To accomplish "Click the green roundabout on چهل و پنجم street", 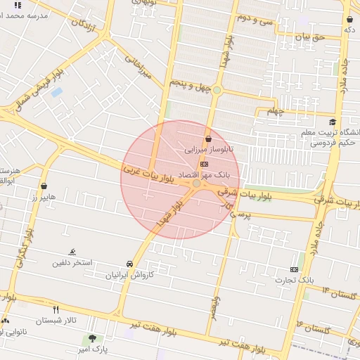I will (x=217, y=90).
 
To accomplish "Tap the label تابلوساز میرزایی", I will (x=209, y=150).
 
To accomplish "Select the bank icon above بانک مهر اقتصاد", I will (x=205, y=163).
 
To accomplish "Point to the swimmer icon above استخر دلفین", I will (x=72, y=252).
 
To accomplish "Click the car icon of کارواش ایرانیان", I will (x=129, y=264).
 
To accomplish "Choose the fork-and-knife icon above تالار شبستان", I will (x=56, y=309).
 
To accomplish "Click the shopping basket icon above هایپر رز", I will (x=46, y=186).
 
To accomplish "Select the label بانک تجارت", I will (x=295, y=280).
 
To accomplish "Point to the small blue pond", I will (x=57, y=92).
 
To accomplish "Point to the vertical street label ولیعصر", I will (x=216, y=307).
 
